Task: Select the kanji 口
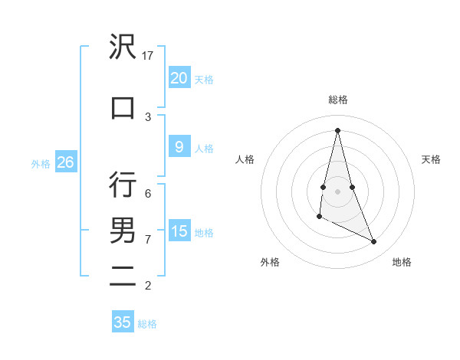point(123,108)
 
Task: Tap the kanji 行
point(123,185)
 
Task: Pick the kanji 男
point(123,231)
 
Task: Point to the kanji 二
point(123,277)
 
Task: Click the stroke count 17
point(149,56)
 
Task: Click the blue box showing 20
point(179,78)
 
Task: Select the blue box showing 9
point(179,148)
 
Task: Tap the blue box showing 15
point(179,231)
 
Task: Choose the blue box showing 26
point(65,162)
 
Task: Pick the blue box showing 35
point(123,322)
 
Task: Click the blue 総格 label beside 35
point(147,324)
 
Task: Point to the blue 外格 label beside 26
point(41,164)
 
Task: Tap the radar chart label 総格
point(338,100)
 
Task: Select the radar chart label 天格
point(432,159)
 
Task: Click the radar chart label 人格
point(245,159)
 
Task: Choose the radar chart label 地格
point(402,262)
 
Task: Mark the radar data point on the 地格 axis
point(374,242)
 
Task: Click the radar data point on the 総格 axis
point(338,130)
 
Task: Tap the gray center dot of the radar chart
point(338,191)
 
